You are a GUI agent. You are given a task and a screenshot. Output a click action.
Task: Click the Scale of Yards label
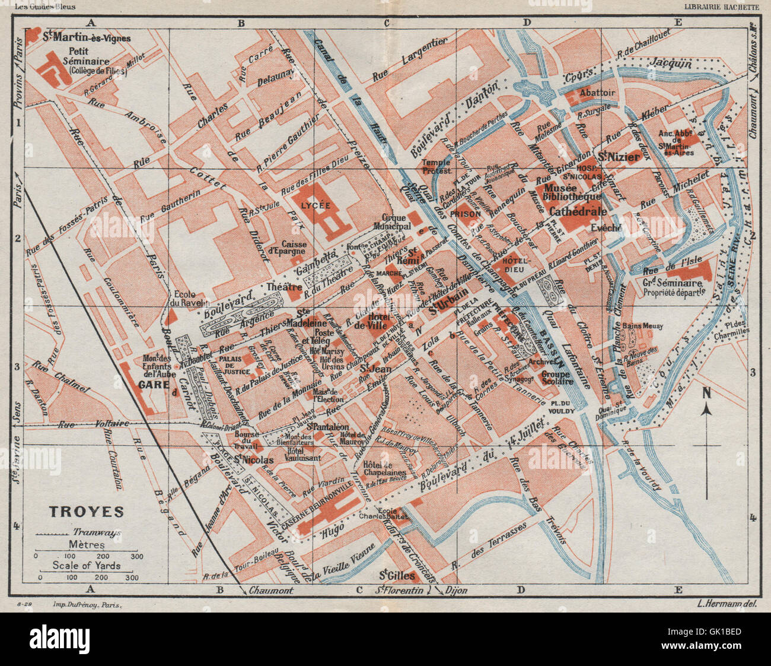86,565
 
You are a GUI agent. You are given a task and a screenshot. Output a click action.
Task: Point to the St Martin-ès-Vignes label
87,37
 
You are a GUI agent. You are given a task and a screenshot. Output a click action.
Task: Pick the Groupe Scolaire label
557,378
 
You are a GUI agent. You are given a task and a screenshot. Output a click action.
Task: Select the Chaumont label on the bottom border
271,591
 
